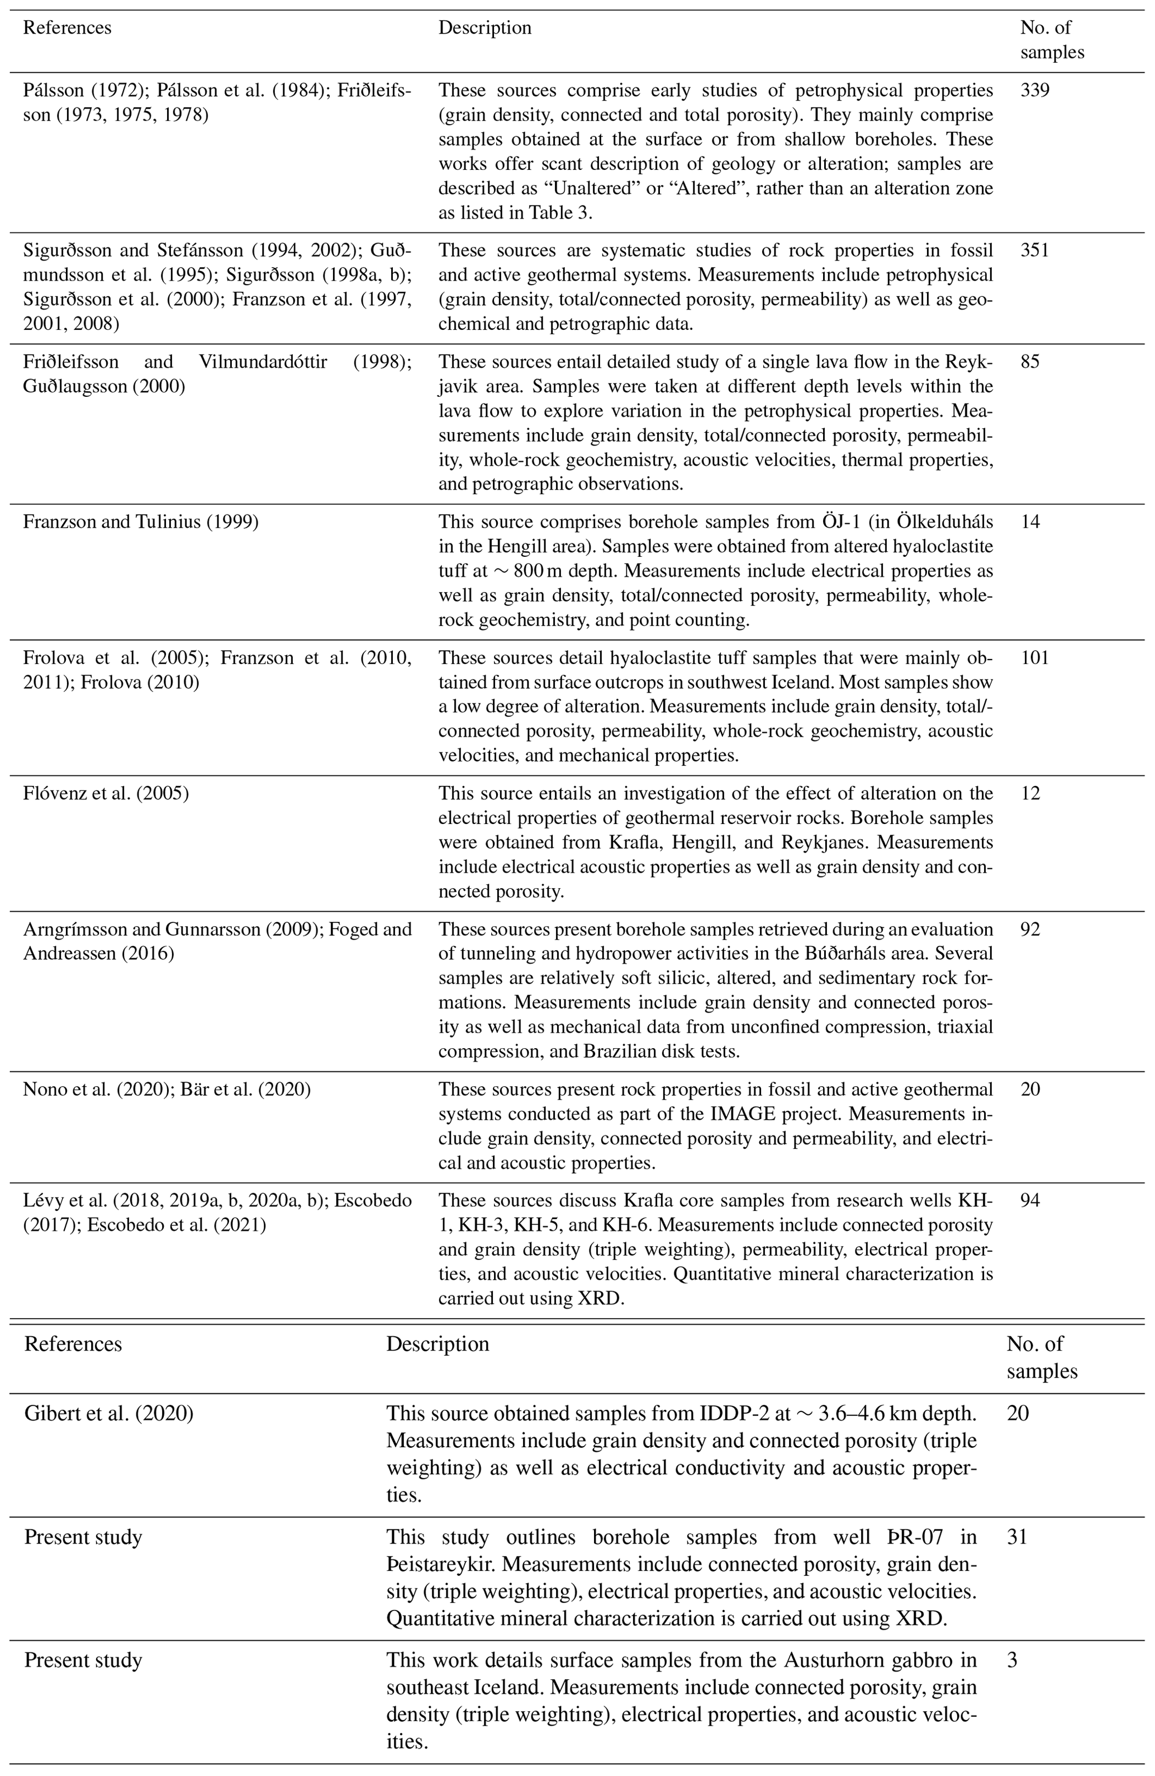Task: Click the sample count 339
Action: [x=1034, y=91]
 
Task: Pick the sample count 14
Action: [x=1030, y=522]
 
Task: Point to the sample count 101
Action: [x=1034, y=658]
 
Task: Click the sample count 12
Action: [x=1030, y=793]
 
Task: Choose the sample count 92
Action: [x=1030, y=930]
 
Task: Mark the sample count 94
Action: [x=1030, y=1201]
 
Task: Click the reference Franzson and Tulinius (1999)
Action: [x=141, y=522]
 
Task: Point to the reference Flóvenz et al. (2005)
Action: [x=106, y=793]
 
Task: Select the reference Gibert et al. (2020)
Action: [x=109, y=1413]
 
